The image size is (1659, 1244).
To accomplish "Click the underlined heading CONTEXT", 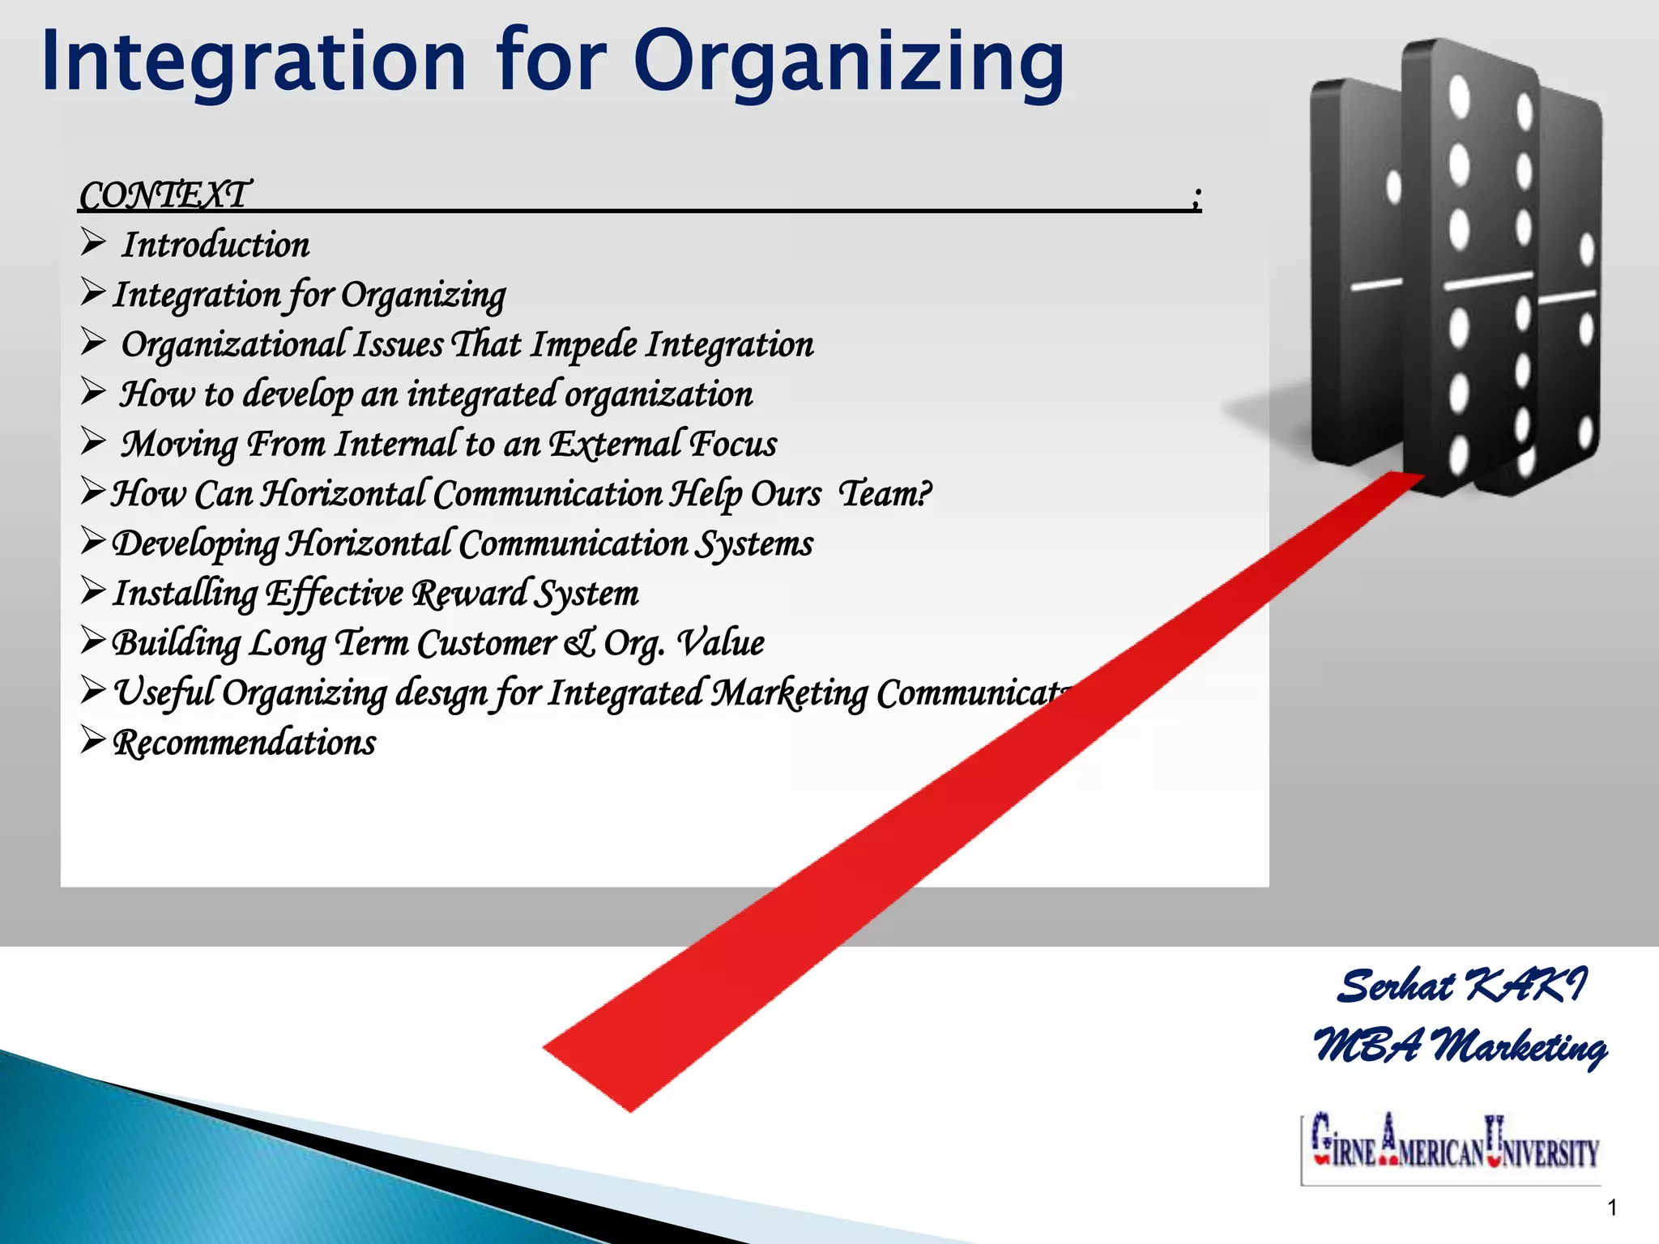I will [165, 195].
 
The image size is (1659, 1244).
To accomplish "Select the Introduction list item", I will [215, 245].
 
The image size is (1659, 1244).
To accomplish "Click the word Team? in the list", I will [885, 493].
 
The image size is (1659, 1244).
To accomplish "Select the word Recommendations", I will [245, 743].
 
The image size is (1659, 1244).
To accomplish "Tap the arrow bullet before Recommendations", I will [93, 740].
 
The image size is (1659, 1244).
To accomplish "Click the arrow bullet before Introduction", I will [93, 242].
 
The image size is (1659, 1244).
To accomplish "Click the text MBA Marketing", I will [1461, 1046].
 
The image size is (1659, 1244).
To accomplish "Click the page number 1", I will [1612, 1208].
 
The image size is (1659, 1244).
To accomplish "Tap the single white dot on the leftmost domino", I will [1393, 187].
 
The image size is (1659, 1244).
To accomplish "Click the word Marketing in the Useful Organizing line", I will [789, 694].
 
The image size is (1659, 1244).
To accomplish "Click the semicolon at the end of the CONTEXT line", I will [1196, 197].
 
